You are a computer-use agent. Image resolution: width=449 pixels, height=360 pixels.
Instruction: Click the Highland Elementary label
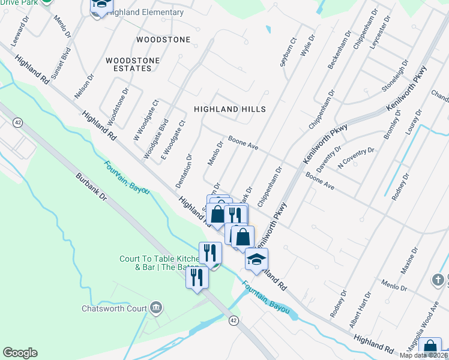click(x=146, y=12)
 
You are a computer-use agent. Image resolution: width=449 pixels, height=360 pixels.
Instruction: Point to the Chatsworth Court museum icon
click(x=156, y=308)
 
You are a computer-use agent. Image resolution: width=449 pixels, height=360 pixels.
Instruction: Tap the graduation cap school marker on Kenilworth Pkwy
click(x=256, y=259)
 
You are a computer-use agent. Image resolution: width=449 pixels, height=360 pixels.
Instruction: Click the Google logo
click(x=20, y=353)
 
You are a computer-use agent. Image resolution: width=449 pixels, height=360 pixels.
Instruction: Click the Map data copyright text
click(x=423, y=355)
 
